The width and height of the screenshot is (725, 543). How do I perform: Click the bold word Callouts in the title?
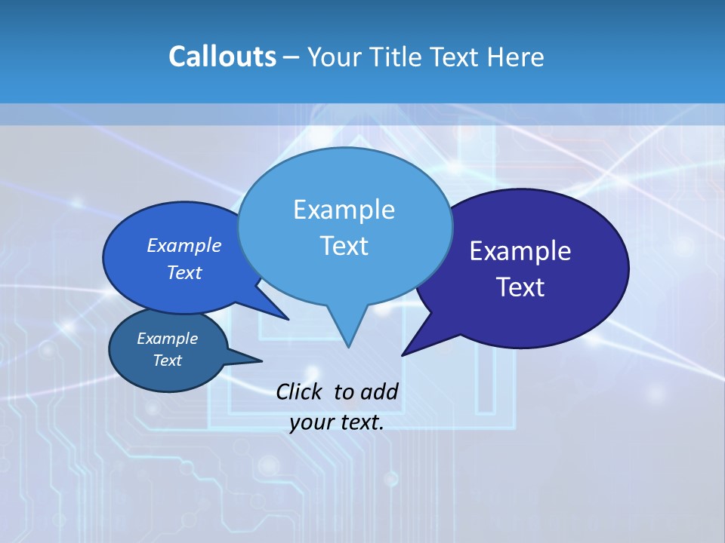point(222,57)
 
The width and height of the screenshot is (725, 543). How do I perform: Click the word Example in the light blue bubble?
point(344,210)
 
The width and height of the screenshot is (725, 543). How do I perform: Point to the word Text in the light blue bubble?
point(344,246)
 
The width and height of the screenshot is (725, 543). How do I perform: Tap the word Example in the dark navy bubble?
point(520,251)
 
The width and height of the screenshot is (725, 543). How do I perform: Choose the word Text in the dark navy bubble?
point(520,287)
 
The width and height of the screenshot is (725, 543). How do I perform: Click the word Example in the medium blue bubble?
point(184,245)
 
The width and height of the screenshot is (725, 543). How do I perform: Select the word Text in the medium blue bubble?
point(184,272)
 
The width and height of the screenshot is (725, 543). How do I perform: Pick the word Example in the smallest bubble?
point(167,339)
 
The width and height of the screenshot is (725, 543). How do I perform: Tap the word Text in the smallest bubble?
point(167,360)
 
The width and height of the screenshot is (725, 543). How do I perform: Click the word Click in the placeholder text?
point(301,391)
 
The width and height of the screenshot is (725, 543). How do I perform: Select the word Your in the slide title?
point(334,57)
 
